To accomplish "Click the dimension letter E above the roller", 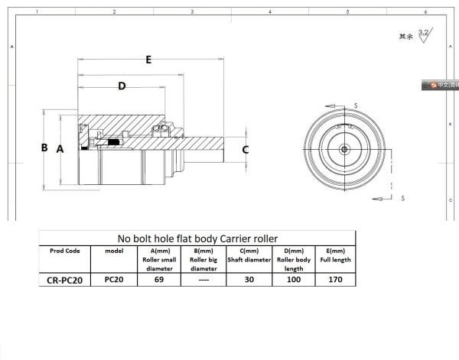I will [148, 59].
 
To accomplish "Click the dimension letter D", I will [121, 86].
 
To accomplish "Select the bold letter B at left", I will [44, 148].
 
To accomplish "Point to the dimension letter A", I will [60, 150].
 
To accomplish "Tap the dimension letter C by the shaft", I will [245, 150].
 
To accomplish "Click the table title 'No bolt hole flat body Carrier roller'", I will [197, 238].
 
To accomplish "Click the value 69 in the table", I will [160, 280].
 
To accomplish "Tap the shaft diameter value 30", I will [249, 280].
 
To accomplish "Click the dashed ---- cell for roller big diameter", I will [203, 280].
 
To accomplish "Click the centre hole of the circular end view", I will [346, 148].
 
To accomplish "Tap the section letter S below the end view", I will [402, 197].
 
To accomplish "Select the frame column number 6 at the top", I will [425, 12].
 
